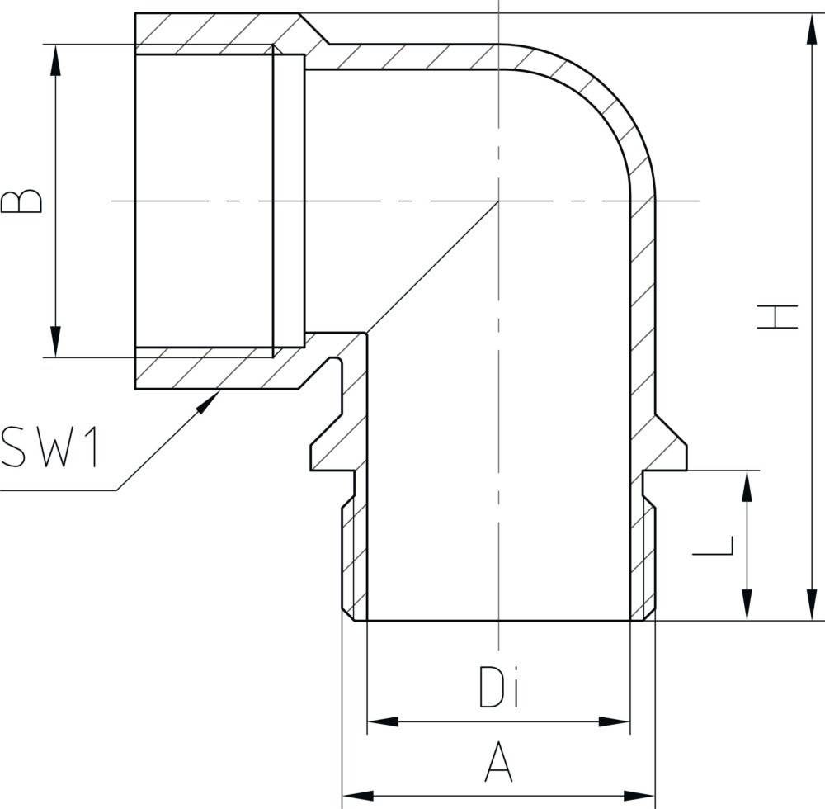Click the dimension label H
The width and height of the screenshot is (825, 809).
[x=778, y=317]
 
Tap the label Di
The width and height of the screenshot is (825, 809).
[x=499, y=687]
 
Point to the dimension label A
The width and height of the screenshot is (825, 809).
[x=498, y=762]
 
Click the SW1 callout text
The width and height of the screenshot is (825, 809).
[x=51, y=447]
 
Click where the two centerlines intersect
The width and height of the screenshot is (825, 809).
[x=499, y=201]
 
